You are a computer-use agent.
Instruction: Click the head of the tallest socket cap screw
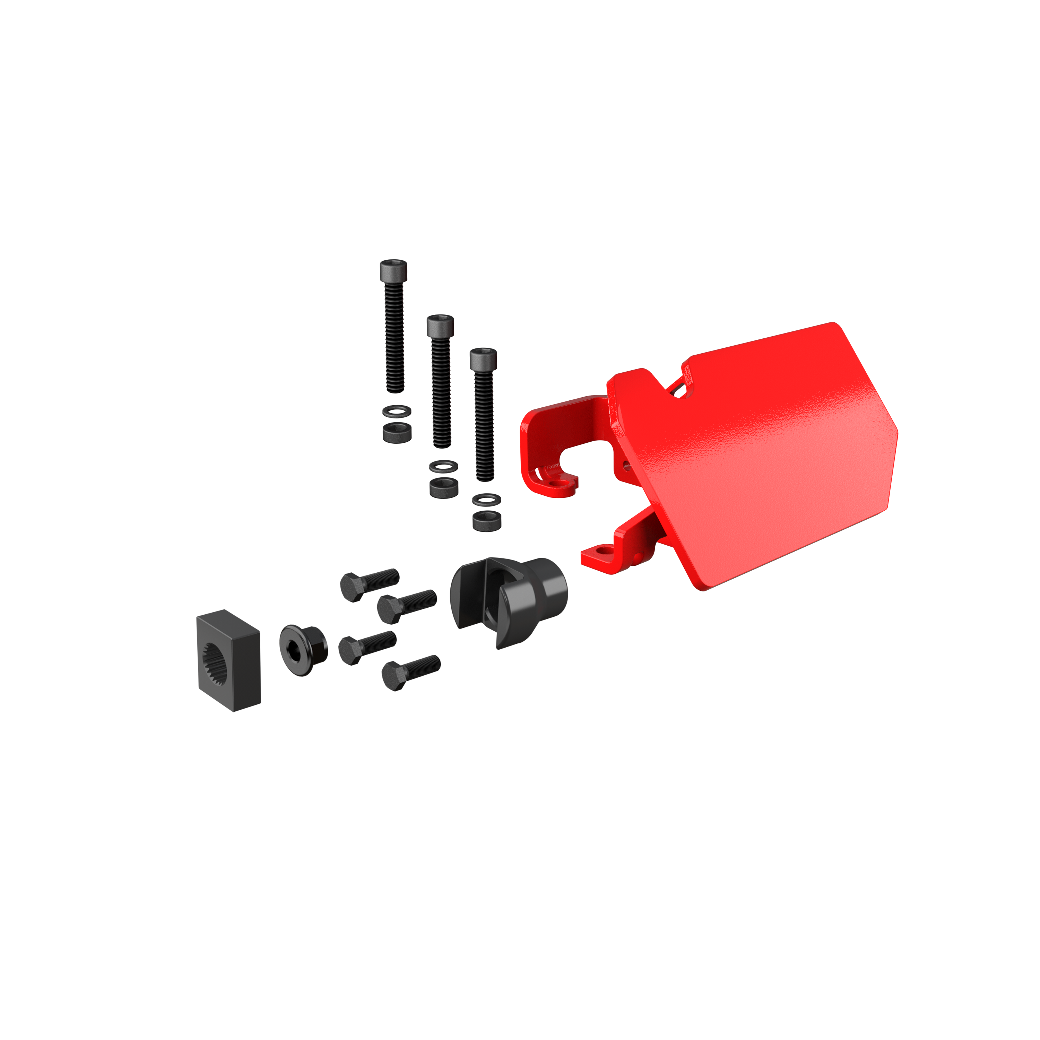tap(394, 271)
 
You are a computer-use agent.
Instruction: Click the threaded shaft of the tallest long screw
tap(394, 339)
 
